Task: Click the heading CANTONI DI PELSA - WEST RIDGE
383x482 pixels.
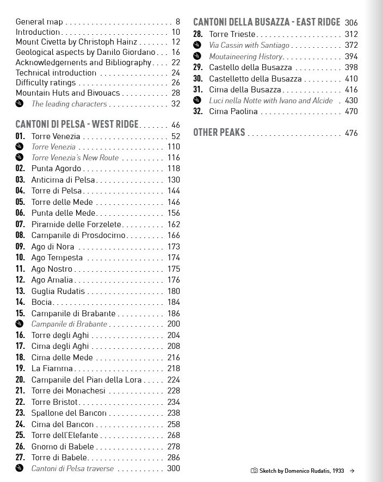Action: click(77, 124)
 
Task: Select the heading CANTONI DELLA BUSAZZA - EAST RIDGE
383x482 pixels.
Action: click(267, 22)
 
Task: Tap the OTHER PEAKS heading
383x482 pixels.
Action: click(219, 133)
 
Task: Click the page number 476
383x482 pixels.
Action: click(351, 133)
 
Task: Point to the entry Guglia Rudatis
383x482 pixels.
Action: click(58, 291)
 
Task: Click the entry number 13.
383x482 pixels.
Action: click(20, 291)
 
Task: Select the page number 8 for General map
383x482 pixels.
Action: click(177, 22)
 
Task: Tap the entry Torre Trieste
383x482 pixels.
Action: click(232, 34)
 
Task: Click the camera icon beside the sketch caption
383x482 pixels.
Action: click(254, 471)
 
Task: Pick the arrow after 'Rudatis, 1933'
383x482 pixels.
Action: click(353, 471)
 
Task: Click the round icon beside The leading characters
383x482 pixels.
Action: click(20, 104)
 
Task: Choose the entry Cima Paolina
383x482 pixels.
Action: click(233, 111)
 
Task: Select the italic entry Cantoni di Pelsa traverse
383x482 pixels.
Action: click(72, 468)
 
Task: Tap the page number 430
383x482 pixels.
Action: click(351, 101)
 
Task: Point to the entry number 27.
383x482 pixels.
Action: click(20, 458)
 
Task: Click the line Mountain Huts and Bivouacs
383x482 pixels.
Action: click(67, 93)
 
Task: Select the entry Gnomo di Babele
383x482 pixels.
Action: click(63, 447)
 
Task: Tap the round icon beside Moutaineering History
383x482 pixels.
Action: click(197, 57)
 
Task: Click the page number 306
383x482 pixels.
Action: click(351, 23)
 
